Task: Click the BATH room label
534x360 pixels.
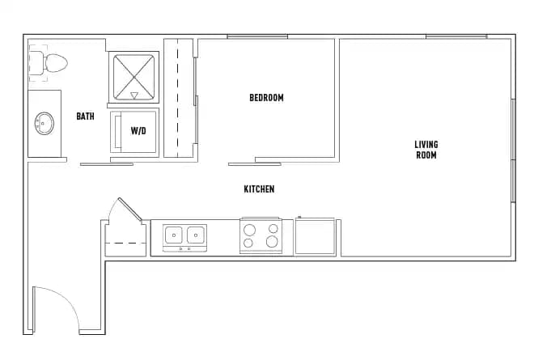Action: click(x=85, y=116)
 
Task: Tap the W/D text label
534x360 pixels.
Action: click(x=138, y=129)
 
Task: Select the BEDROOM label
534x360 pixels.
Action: click(x=266, y=98)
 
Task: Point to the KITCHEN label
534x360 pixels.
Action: click(x=259, y=189)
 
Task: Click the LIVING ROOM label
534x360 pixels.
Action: click(x=426, y=150)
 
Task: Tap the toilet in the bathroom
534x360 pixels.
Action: click(x=52, y=62)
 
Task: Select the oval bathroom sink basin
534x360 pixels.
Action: click(x=44, y=124)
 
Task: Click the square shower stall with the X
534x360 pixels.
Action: click(x=134, y=71)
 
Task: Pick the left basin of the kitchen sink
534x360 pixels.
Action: click(x=174, y=235)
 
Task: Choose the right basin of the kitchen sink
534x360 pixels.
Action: click(x=195, y=235)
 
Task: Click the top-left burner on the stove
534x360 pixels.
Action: click(x=251, y=229)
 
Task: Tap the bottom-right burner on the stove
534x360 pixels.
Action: click(x=273, y=243)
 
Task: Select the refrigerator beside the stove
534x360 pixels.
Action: click(x=316, y=236)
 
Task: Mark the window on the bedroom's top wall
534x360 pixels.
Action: click(x=256, y=36)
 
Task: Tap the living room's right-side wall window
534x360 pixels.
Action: click(x=513, y=150)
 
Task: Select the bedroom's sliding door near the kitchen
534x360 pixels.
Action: click(x=254, y=164)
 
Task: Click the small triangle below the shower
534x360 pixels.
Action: click(x=134, y=95)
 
